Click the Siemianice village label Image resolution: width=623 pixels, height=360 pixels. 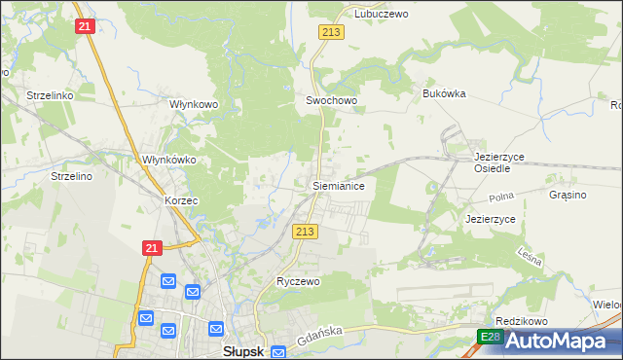click(x=338, y=184)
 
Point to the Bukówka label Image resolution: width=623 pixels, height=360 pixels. click(x=445, y=93)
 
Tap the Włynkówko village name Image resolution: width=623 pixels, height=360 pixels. click(x=169, y=160)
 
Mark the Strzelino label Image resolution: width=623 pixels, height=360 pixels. click(x=71, y=176)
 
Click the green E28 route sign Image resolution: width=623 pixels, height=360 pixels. click(x=491, y=337)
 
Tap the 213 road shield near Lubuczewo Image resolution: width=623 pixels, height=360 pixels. click(x=330, y=33)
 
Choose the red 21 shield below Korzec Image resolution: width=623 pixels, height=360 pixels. click(x=151, y=249)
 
